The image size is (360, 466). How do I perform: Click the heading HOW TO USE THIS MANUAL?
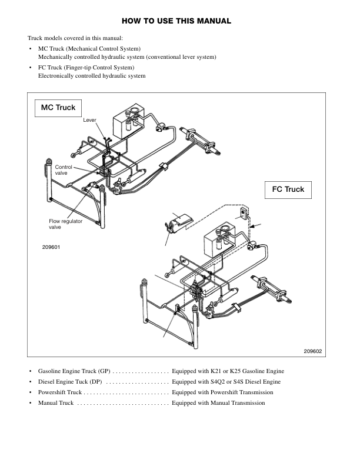(x=176, y=21)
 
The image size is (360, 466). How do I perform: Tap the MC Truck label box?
(x=58, y=108)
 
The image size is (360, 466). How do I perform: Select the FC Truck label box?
(x=288, y=189)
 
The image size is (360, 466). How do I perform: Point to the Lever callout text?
(x=89, y=120)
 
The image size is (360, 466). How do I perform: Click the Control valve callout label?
(x=64, y=170)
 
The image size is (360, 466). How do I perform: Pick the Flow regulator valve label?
(x=66, y=224)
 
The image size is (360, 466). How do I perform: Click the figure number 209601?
(x=51, y=247)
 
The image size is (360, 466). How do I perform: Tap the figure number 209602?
(x=313, y=351)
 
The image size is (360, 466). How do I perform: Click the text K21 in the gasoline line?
(x=216, y=371)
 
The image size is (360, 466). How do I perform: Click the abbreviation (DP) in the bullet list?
(x=96, y=382)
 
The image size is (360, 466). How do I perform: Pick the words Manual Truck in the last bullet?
(x=56, y=403)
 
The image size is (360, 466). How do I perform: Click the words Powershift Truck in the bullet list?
(x=60, y=392)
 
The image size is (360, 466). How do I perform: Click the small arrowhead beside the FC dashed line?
(x=252, y=227)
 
